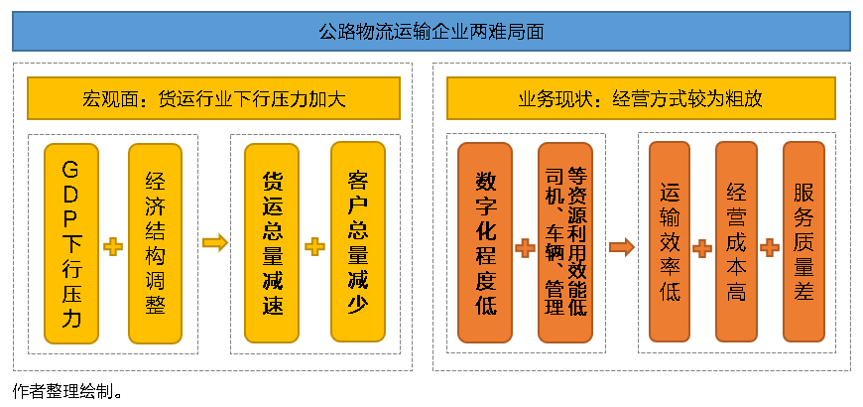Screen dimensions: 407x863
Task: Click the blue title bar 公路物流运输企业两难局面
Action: (x=431, y=31)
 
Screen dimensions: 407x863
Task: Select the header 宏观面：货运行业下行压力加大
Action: (x=213, y=99)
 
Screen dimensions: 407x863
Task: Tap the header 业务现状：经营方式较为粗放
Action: (x=641, y=99)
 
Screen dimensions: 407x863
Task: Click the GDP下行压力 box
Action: (x=71, y=243)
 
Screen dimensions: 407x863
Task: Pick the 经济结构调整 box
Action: (x=155, y=243)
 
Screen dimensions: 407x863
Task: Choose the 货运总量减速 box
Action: (x=272, y=243)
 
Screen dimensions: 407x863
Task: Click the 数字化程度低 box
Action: (x=485, y=243)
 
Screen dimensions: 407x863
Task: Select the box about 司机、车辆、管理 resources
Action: (x=565, y=243)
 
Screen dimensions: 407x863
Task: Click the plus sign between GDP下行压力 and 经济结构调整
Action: (x=113, y=246)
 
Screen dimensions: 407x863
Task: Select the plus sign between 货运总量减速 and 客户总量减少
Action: (x=315, y=246)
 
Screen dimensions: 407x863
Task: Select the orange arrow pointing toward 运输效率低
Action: (x=621, y=246)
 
